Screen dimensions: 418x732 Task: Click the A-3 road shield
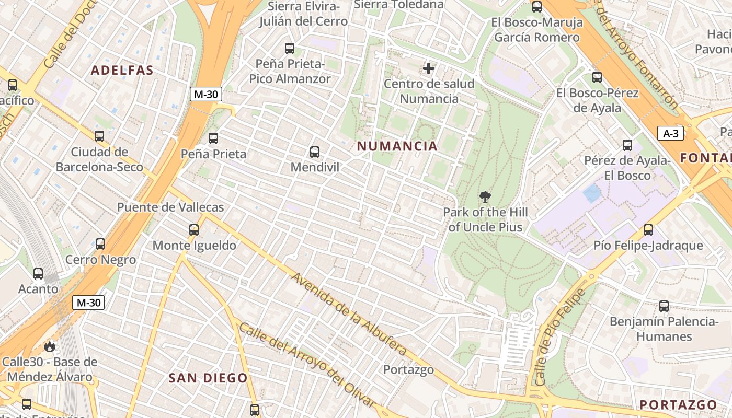[x=670, y=133]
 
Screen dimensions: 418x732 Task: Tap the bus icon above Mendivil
[x=314, y=152]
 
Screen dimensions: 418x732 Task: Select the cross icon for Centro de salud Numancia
[x=429, y=68]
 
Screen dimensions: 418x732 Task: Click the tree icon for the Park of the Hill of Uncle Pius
[x=485, y=197]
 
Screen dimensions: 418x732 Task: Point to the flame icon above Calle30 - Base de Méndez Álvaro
[x=49, y=346]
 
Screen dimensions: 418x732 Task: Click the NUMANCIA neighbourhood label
[x=397, y=146]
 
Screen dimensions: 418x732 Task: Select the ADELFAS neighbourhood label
[x=122, y=71]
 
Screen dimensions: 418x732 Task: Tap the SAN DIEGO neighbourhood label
[x=208, y=378]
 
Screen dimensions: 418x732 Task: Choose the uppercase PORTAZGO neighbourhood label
[x=678, y=405]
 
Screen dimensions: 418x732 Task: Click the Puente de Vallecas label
[x=170, y=207]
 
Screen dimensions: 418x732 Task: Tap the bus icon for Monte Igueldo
[x=194, y=229]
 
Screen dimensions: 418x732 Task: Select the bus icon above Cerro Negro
[x=100, y=244]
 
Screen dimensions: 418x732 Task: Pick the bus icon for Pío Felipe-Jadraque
[x=648, y=230]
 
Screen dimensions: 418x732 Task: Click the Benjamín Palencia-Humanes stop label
[x=664, y=329]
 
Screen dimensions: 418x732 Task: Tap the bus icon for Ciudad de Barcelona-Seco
[x=99, y=136]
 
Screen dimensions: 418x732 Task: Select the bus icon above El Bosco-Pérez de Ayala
[x=597, y=78]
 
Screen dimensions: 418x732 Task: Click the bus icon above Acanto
[x=38, y=273]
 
